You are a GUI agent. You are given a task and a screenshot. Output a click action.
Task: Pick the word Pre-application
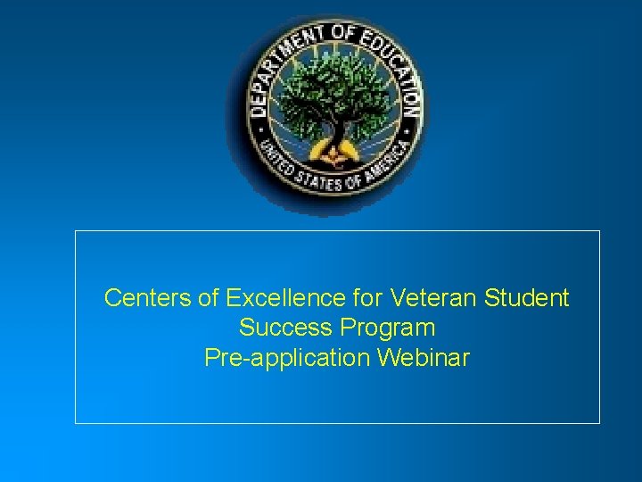(x=287, y=358)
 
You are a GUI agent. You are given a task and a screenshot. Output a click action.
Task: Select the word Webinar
(x=424, y=358)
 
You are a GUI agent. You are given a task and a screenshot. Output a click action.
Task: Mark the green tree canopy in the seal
(x=330, y=89)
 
